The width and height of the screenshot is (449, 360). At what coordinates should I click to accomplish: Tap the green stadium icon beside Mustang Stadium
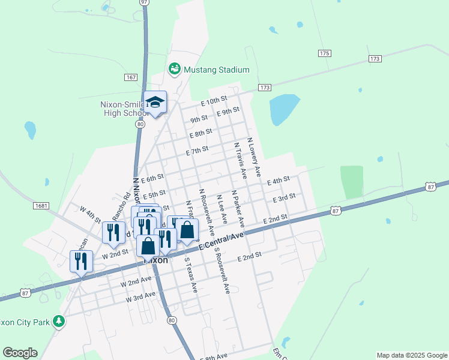tap(174, 70)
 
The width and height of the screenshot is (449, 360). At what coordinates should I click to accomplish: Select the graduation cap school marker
tap(155, 103)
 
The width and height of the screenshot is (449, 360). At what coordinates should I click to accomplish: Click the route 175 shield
tap(325, 53)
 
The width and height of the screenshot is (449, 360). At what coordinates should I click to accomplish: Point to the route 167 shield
tap(131, 78)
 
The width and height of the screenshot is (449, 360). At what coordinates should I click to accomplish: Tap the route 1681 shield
tap(41, 206)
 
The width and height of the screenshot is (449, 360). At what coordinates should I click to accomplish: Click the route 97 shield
tap(144, 2)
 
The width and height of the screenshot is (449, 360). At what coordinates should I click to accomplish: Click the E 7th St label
tap(197, 151)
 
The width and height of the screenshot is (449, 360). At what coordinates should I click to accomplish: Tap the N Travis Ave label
tap(240, 161)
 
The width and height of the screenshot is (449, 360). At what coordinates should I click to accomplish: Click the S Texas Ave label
tap(190, 275)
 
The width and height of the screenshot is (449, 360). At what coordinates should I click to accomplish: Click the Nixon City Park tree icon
tap(59, 322)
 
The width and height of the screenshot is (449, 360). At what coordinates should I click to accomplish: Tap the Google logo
tap(20, 353)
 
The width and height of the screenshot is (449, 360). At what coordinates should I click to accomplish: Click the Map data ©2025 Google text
tap(412, 355)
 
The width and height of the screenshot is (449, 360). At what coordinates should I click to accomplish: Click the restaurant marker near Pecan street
tap(80, 262)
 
